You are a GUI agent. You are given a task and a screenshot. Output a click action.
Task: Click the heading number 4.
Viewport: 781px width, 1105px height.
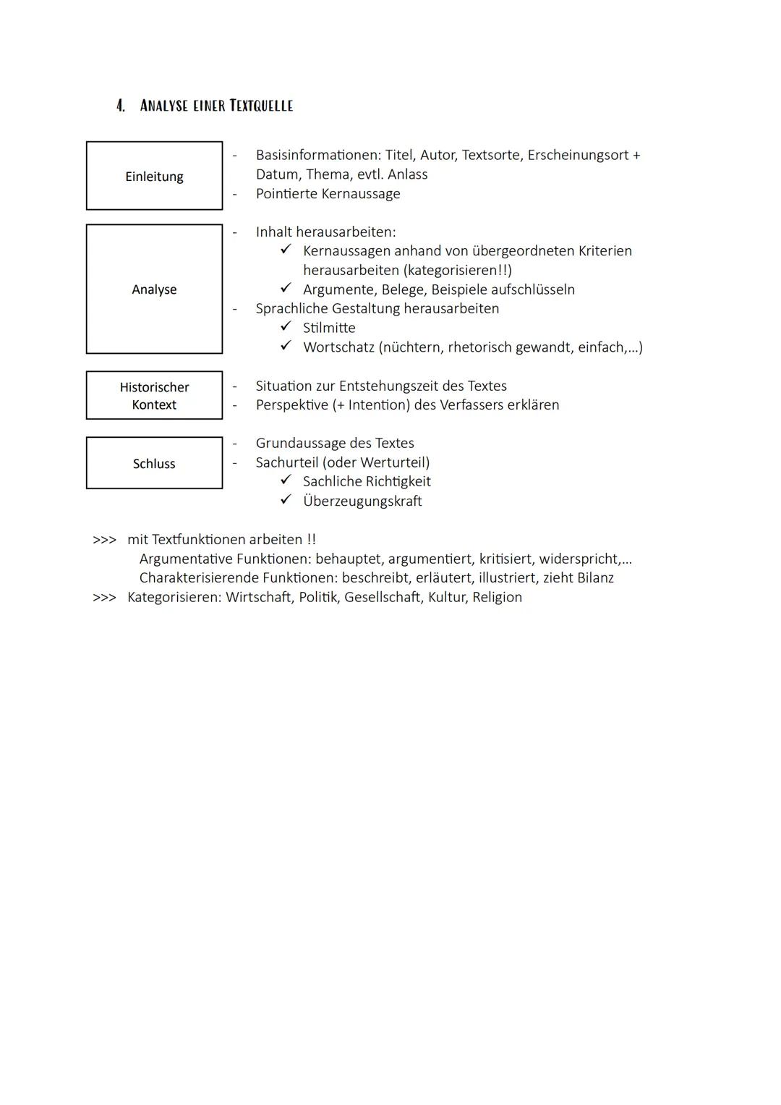[x=121, y=106]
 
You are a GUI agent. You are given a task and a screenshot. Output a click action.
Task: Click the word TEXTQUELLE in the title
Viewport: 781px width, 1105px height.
[x=261, y=106]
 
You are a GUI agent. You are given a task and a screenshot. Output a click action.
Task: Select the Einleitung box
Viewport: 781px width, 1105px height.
[x=154, y=176]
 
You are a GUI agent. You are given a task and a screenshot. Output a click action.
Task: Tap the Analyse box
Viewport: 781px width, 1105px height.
[x=154, y=289]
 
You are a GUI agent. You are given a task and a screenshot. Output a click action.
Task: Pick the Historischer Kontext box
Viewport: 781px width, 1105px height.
[x=154, y=395]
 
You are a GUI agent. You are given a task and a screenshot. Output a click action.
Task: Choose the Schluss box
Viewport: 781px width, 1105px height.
[x=154, y=463]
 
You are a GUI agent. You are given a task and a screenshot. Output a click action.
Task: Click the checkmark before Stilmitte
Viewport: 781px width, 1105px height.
[x=286, y=327]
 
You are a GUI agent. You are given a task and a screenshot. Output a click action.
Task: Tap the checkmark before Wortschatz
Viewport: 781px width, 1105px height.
[x=286, y=346]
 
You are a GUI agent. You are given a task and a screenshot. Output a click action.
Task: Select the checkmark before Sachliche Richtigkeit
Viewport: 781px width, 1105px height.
[x=286, y=480]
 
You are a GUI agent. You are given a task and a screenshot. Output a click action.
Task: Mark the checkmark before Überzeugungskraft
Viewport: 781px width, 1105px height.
[x=286, y=500]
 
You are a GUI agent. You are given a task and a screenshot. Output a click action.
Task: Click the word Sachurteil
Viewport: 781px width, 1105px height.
[x=287, y=462]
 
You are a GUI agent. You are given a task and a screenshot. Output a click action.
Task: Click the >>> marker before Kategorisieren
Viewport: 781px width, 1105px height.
[x=104, y=598]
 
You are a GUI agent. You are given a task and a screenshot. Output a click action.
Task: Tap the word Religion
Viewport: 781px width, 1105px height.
[x=497, y=597]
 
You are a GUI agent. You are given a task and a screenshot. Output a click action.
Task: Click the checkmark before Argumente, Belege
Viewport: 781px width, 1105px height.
[x=286, y=289]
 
